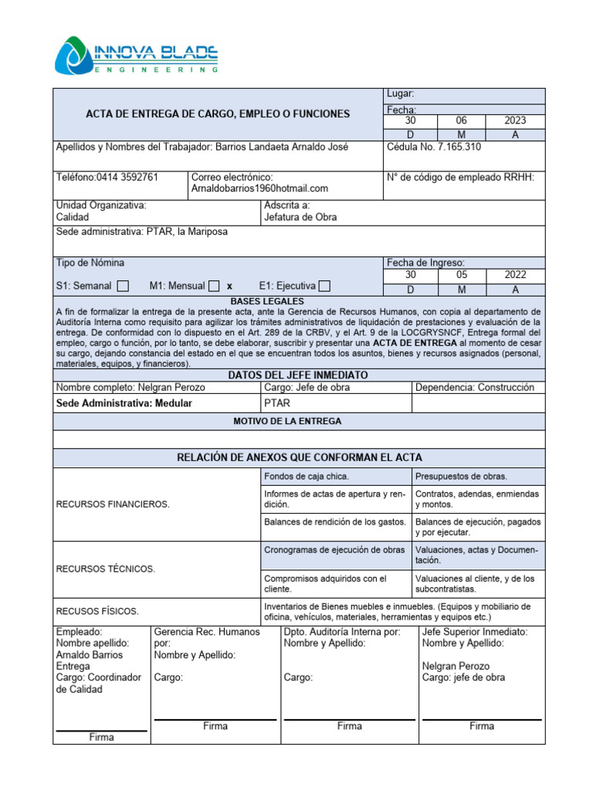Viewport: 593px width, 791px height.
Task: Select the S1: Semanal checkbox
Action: pyautogui.click(x=123, y=286)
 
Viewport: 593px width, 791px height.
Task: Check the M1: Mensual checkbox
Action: pyautogui.click(x=214, y=286)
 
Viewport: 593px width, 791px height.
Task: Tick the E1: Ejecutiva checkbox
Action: pyautogui.click(x=324, y=286)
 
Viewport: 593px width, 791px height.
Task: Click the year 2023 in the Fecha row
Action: pyautogui.click(x=515, y=121)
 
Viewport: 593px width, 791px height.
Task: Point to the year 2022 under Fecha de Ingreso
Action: pyautogui.click(x=515, y=274)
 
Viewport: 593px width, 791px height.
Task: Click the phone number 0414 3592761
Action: pyautogui.click(x=127, y=177)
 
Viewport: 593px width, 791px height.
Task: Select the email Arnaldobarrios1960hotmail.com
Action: pyautogui.click(x=259, y=188)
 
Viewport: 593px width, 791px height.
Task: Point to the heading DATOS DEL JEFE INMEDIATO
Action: pyautogui.click(x=298, y=375)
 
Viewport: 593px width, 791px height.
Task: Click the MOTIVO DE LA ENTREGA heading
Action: pyautogui.click(x=298, y=421)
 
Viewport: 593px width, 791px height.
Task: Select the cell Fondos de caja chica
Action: pyautogui.click(x=307, y=477)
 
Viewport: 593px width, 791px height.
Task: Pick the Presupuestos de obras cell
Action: pyautogui.click(x=461, y=477)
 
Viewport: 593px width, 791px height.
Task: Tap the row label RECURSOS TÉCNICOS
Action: pyautogui.click(x=105, y=569)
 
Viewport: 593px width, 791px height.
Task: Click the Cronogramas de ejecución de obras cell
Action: pyautogui.click(x=334, y=550)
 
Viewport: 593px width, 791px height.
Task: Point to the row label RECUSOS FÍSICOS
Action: pyautogui.click(x=97, y=611)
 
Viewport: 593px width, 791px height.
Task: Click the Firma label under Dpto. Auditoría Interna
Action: pyautogui.click(x=349, y=726)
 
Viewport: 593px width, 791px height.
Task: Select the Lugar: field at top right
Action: pyautogui.click(x=401, y=94)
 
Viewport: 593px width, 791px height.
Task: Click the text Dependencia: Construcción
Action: pyautogui.click(x=474, y=388)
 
